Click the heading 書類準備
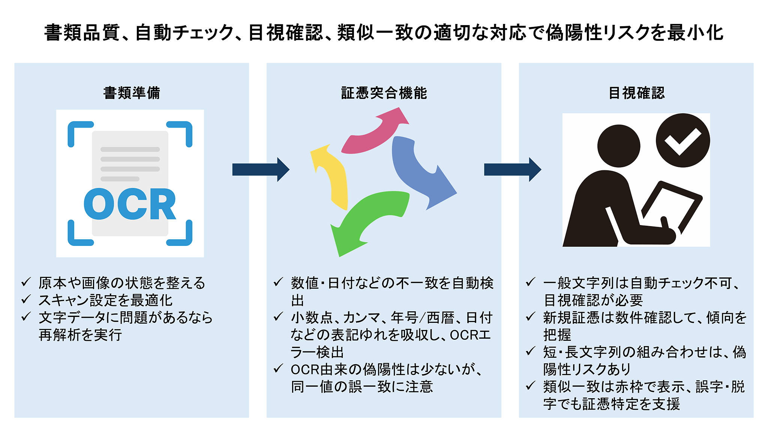132,93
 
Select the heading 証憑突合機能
384,93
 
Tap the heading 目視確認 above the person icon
636,93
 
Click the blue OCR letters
130,204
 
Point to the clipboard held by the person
671,204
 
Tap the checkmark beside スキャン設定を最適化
26,299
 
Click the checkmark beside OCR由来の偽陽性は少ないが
278,369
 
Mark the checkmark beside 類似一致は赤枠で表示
530,385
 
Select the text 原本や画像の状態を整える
122,283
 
